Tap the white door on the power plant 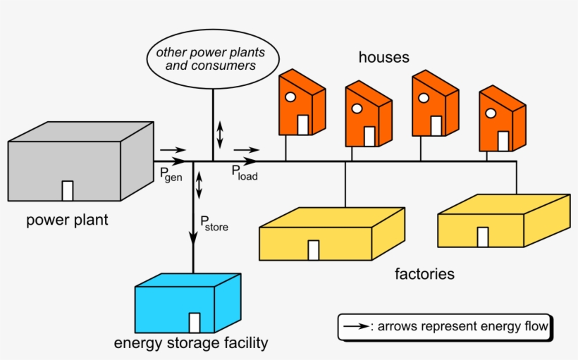pos(68,191)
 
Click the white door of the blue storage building pos(195,323)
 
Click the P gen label pos(171,175)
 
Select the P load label pos(245,174)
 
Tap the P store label pos(214,225)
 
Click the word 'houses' pos(383,57)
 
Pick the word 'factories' pos(424,273)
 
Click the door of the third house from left pos(436,125)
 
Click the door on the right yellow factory pos(483,237)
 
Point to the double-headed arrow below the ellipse pos(220,134)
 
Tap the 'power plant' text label pos(68,220)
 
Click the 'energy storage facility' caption pos(191,344)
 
